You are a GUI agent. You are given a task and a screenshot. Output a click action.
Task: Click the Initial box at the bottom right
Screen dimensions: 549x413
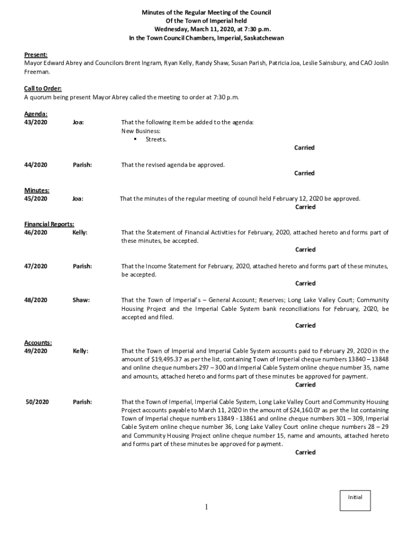click(355, 500)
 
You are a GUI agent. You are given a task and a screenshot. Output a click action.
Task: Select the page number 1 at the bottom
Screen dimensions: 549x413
click(206, 507)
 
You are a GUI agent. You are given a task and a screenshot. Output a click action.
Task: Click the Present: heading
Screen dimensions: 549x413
click(36, 55)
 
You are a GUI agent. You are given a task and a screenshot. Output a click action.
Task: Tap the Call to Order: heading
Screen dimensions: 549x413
click(43, 88)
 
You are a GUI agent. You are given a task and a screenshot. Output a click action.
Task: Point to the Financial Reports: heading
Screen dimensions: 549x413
click(49, 224)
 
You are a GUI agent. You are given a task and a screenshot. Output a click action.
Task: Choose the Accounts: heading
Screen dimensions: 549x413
click(38, 343)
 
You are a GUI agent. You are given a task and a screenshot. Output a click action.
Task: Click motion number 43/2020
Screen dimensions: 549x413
click(36, 122)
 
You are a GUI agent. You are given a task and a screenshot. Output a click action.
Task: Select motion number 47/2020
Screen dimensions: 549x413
click(36, 266)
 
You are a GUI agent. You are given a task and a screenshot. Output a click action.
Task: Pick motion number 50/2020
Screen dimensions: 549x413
click(38, 402)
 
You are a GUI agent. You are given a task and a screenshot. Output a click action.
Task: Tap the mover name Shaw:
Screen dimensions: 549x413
click(81, 300)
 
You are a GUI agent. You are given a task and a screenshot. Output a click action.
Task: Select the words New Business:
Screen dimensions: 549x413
click(141, 131)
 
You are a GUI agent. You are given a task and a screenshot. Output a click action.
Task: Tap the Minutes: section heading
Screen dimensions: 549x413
click(37, 190)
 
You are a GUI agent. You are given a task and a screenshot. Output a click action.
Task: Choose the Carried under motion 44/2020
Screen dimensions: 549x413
click(304, 173)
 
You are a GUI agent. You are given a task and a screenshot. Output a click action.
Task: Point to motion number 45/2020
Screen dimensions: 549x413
click(36, 199)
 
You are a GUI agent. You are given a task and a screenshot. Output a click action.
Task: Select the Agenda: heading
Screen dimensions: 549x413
click(36, 114)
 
